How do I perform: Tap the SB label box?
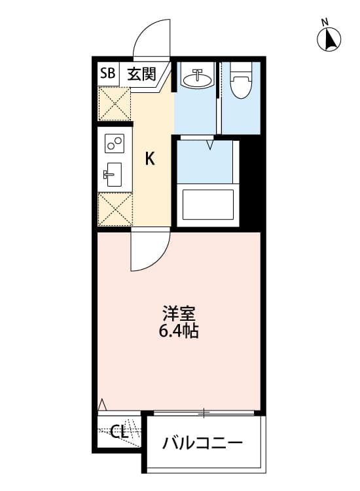(x=107, y=73)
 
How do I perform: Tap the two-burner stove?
(x=115, y=142)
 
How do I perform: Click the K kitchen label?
(x=150, y=158)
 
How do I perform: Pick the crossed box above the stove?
(x=115, y=103)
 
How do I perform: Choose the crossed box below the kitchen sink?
(x=115, y=209)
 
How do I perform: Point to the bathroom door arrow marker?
(x=210, y=143)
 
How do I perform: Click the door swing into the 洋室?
(x=150, y=252)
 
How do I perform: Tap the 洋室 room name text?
(x=179, y=313)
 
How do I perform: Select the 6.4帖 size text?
(x=179, y=331)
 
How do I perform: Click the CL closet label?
(x=118, y=431)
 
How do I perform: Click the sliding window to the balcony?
(x=204, y=412)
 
